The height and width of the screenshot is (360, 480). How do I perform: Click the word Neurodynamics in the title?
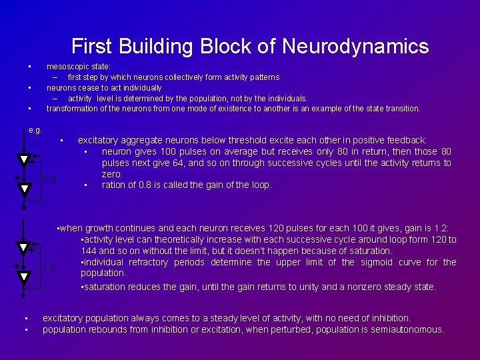coord(356,46)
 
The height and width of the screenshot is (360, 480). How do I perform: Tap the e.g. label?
coord(36,129)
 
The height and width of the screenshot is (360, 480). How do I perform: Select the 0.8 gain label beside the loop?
coord(49,179)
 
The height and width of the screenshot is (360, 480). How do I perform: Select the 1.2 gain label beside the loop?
coord(49,267)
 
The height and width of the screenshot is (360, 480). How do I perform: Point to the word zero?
coord(112,174)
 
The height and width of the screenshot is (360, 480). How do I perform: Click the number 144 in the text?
coord(88,251)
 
